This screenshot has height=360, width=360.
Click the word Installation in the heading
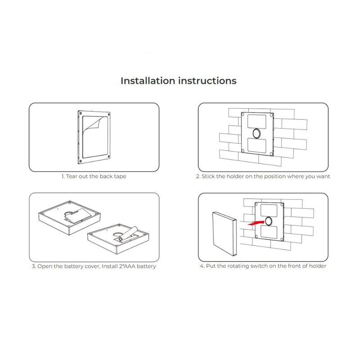point(148,81)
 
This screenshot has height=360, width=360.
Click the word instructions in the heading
point(207,81)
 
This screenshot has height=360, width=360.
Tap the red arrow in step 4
point(256,223)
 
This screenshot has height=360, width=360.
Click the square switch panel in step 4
point(224,234)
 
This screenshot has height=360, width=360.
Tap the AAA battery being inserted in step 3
point(128,234)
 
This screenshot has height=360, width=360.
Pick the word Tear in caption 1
point(71,176)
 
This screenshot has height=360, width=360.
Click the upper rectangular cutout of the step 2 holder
point(256,121)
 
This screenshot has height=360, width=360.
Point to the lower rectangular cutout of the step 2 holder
point(257,145)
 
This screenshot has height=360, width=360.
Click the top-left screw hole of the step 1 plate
point(81,113)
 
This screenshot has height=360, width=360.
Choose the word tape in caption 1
point(120,176)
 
